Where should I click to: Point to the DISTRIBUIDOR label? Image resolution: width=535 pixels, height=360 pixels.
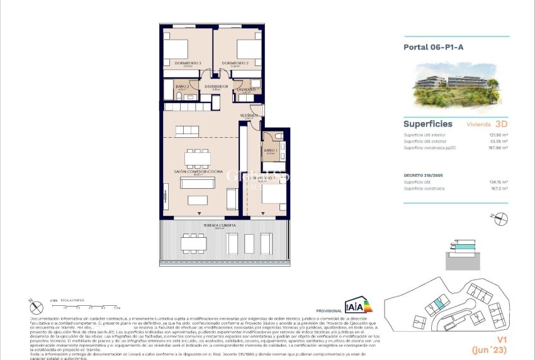[215, 86]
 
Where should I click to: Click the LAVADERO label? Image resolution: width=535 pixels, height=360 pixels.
[246, 89]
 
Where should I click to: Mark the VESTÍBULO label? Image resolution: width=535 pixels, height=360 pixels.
[249, 116]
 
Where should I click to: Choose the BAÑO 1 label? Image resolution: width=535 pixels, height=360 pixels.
[271, 151]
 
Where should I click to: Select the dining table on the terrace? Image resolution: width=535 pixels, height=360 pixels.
[193, 242]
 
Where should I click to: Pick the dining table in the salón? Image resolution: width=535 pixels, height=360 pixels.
[197, 157]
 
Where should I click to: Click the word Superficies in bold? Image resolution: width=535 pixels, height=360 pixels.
[427, 124]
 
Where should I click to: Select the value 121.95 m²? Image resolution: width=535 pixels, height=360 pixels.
[498, 135]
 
